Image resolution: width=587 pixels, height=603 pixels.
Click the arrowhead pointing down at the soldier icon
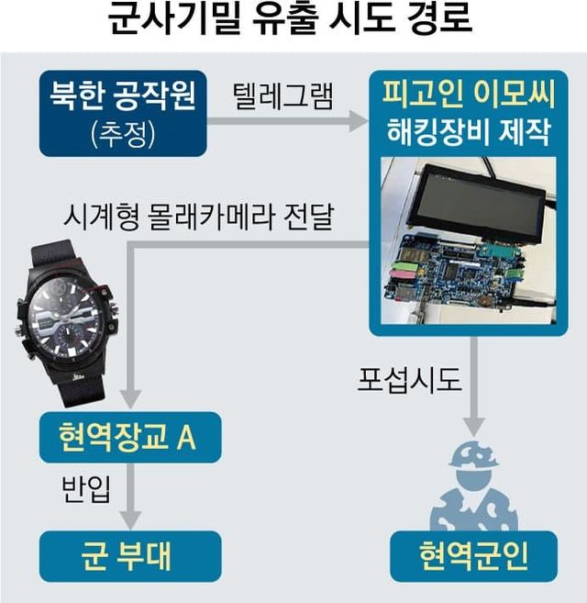473,426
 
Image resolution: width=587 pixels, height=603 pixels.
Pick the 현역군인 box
473,555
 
